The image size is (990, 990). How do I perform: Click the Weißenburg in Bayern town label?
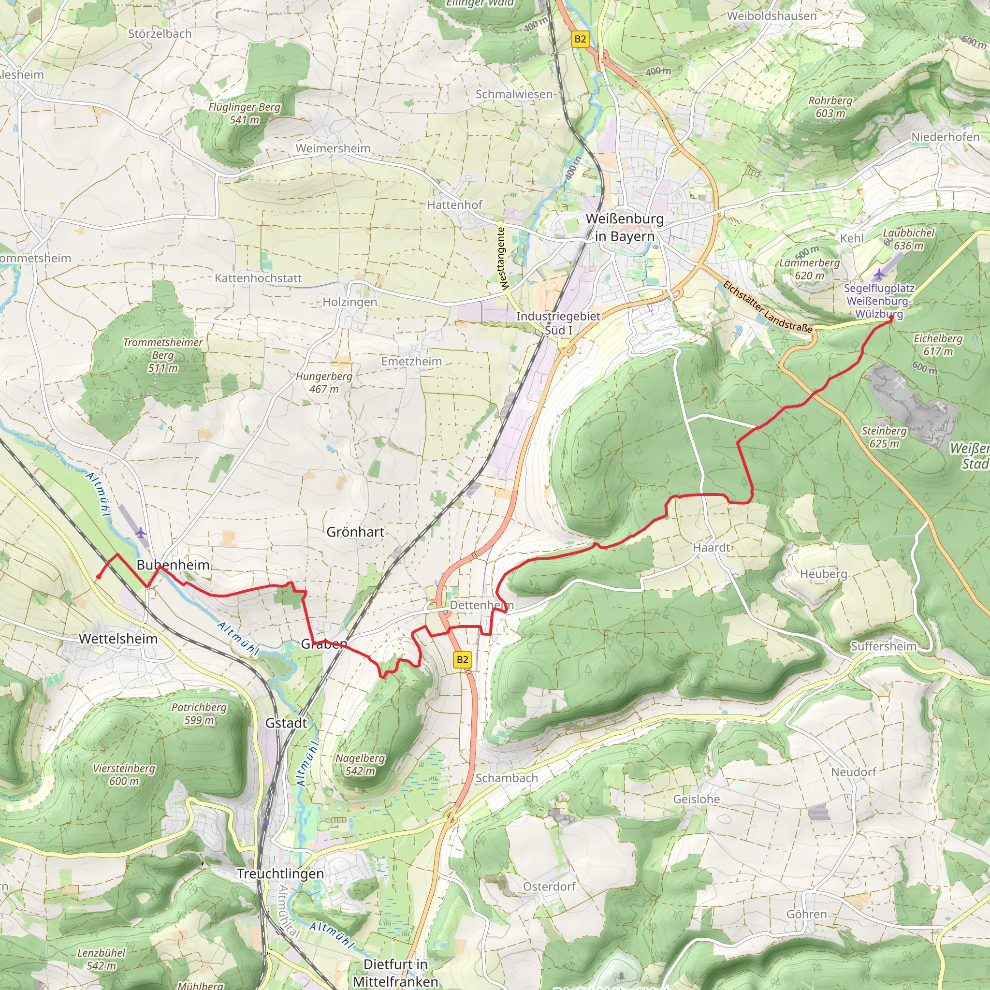(624, 228)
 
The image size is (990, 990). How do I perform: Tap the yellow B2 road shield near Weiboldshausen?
(580, 39)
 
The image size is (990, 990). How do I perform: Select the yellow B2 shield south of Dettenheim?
(462, 659)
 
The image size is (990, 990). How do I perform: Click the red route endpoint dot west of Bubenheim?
(99, 577)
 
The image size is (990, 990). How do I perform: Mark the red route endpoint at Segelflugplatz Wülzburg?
(891, 318)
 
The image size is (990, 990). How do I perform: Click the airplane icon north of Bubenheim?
(141, 533)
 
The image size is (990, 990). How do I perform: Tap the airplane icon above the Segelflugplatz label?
(879, 274)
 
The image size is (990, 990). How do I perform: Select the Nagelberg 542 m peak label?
(360, 765)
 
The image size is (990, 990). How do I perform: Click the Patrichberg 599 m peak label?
(199, 714)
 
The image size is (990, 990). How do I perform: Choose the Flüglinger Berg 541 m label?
(245, 113)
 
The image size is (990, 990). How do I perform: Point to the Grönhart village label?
(355, 532)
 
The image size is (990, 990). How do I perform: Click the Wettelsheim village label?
(118, 639)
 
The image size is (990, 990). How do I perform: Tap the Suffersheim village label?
(884, 646)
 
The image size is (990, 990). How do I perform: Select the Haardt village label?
(711, 547)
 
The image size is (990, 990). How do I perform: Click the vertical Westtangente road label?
(503, 259)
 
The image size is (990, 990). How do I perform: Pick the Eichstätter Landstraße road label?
(767, 306)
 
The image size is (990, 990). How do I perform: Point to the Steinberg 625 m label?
(884, 437)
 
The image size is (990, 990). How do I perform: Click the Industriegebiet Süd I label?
(558, 323)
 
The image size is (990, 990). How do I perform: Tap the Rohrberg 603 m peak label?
(830, 106)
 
